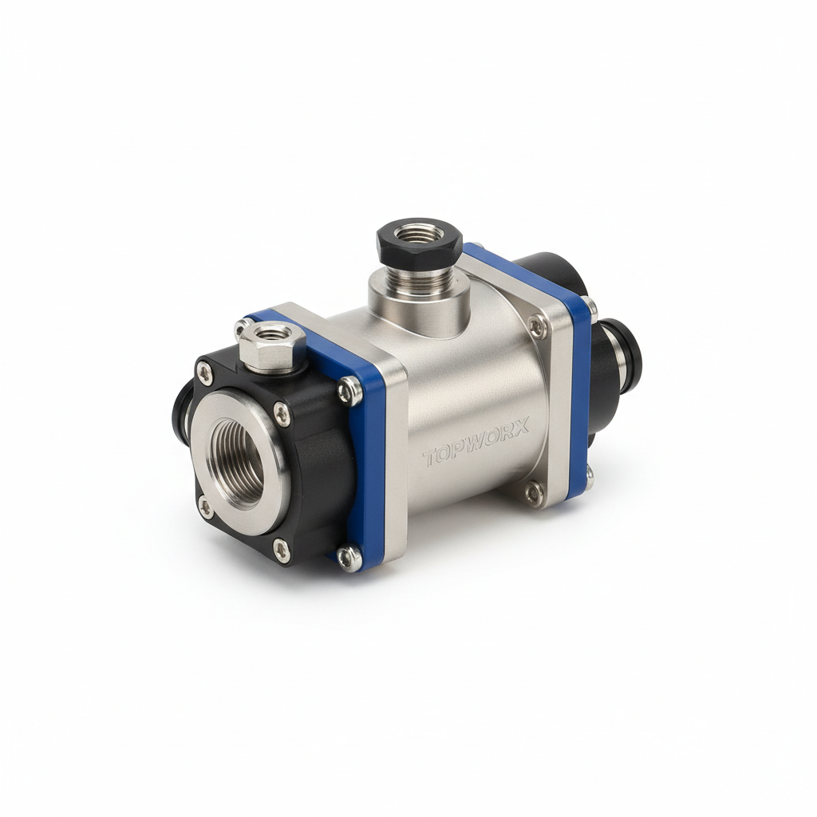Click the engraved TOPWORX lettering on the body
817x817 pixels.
[476, 441]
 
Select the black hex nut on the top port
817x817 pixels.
[418, 241]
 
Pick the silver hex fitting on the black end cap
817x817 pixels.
[267, 346]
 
